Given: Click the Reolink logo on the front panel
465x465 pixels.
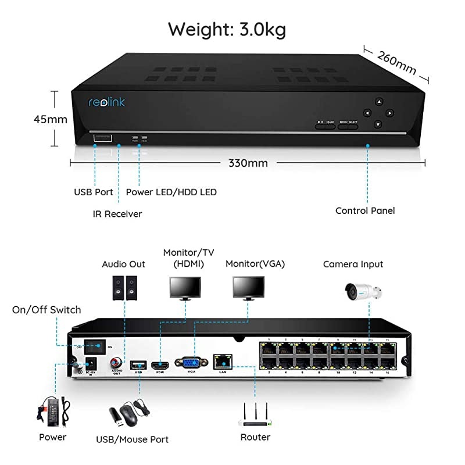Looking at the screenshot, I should (106, 102).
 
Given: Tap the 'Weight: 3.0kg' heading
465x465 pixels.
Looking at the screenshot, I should (227, 29).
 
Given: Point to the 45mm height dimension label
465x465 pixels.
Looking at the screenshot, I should (49, 120).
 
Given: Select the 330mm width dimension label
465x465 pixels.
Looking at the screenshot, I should (248, 163).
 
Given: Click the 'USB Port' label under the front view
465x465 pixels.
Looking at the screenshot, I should (94, 192).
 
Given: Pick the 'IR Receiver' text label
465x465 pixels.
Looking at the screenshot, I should (117, 214).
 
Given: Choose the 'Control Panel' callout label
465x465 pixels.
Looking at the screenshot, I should (365, 210).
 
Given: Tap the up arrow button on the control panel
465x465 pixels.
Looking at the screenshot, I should (378, 101).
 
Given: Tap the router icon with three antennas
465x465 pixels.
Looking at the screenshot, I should (255, 412).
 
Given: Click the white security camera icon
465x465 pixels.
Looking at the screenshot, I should (362, 289).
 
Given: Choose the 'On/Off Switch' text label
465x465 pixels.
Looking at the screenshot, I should (46, 310).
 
